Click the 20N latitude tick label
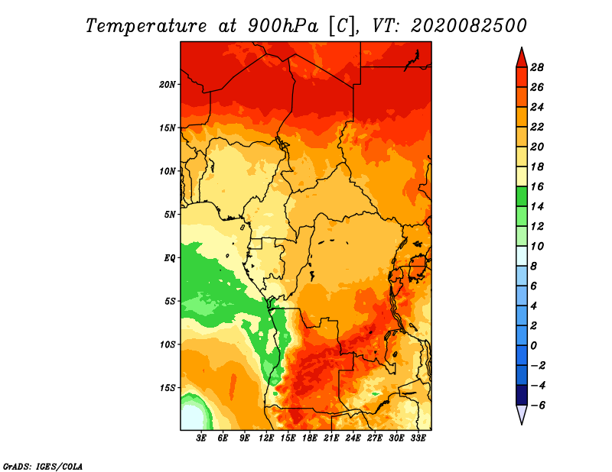pos(168,84)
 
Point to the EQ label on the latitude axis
pos(170,258)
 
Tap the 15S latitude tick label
pos(168,388)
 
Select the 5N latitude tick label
pos(170,215)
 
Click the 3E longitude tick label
pos(201,438)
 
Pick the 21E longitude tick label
pos(331,438)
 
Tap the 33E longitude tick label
pos(418,438)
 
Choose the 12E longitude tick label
pos(265,438)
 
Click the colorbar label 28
pos(537,67)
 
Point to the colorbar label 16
pos(537,186)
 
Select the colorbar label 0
pos(533,346)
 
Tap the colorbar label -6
pos(538,406)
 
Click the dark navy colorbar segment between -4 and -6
pos(522,395)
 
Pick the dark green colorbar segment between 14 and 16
pos(522,196)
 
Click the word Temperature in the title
pos(146,26)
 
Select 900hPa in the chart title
pos(283,26)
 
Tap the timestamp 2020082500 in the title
pos(469,26)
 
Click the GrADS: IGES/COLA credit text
pos(43,466)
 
